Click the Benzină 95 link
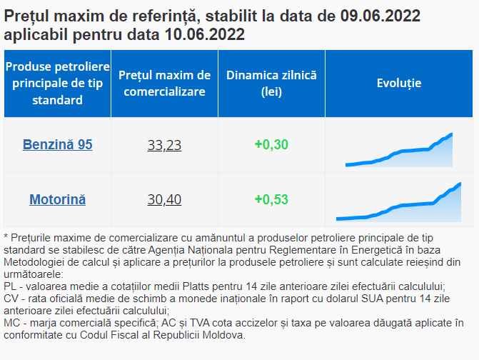point(57,145)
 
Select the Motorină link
point(57,199)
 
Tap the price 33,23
point(164,145)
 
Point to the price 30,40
point(164,199)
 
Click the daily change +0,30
point(271,145)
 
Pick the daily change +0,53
point(271,199)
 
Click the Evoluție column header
point(399,83)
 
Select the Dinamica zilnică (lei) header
point(271,83)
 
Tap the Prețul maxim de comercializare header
point(164,83)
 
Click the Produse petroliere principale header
point(57,83)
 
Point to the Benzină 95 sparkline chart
point(399,151)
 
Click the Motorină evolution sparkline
point(399,204)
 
